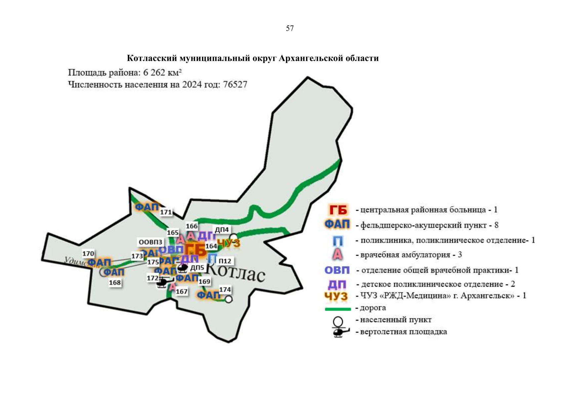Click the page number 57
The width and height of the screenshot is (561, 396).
tap(290, 28)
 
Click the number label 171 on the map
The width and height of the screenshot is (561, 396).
tap(166, 212)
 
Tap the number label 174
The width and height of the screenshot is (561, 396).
tap(225, 289)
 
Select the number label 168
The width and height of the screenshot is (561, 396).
tap(115, 282)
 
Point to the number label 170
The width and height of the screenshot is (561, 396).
tap(88, 253)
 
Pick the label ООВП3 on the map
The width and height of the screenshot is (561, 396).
tap(150, 242)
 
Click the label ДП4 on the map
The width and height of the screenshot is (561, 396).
tap(222, 230)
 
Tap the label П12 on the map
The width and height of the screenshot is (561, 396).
tap(225, 261)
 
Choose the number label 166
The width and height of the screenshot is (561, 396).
tap(192, 226)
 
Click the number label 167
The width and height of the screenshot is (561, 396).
tap(181, 291)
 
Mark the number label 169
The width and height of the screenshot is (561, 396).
tap(204, 281)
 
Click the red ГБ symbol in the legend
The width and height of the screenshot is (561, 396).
tap(338, 210)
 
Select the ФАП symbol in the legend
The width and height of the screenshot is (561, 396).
tap(337, 224)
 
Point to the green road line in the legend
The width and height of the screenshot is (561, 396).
tap(338, 309)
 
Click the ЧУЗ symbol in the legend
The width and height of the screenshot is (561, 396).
tap(336, 296)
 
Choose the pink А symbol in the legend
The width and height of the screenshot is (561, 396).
tap(337, 254)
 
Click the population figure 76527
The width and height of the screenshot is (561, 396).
tap(235, 84)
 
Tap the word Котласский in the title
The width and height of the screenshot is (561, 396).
tap(152, 58)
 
